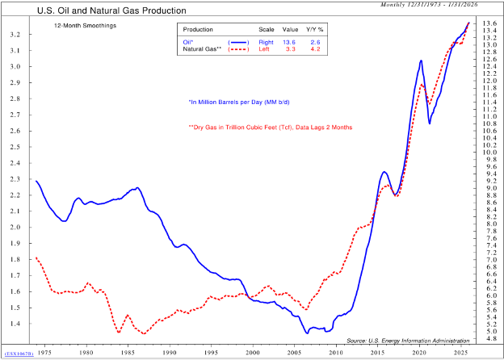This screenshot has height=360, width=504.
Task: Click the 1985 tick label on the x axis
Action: pyautogui.click(x=128, y=353)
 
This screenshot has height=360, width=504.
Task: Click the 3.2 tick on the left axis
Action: pyautogui.click(x=15, y=36)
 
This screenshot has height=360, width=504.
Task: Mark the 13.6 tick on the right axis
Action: pyautogui.click(x=489, y=23)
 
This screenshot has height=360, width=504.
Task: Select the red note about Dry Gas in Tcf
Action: pyautogui.click(x=270, y=127)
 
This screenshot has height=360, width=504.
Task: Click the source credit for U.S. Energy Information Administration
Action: pyautogui.click(x=408, y=341)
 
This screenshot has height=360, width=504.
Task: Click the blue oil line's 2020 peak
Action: pyautogui.click(x=421, y=61)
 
